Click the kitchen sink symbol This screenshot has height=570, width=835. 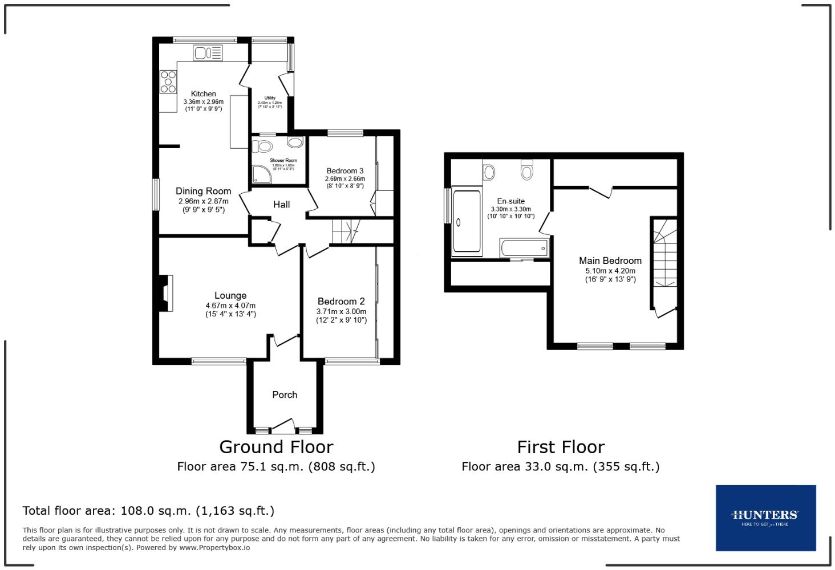click(208, 53)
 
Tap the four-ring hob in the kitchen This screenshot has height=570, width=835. click(168, 81)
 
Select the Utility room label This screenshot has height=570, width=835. click(270, 98)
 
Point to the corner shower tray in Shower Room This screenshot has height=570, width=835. click(260, 174)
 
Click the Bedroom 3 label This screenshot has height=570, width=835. click(345, 170)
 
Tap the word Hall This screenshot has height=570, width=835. click(281, 204)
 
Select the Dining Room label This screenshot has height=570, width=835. click(203, 191)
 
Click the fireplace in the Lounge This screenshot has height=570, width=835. click(165, 293)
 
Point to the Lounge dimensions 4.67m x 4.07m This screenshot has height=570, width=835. click(230, 306)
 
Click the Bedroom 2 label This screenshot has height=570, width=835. click(341, 301)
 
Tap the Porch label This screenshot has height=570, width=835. click(285, 394)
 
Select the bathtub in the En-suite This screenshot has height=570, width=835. click(524, 249)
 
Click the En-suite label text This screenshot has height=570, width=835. click(510, 201)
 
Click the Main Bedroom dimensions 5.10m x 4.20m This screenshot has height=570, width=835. click(610, 271)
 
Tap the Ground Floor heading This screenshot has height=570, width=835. click(276, 447)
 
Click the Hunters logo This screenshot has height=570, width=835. click(765, 518)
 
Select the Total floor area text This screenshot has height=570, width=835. click(148, 511)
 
